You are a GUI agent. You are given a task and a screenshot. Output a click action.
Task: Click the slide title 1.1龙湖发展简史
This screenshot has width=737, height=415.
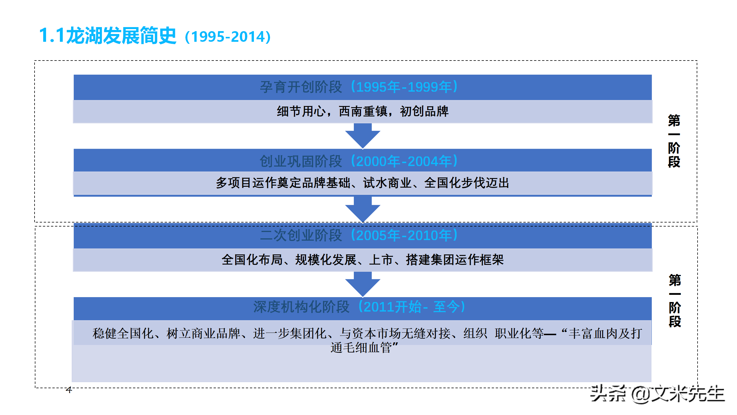[107, 36]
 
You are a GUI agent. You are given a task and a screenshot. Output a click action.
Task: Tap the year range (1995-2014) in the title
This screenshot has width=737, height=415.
[228, 37]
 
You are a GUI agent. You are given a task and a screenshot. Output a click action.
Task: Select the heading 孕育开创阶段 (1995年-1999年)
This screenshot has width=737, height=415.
[359, 87]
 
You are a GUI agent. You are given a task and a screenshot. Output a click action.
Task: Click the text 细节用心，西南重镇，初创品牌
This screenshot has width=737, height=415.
[363, 111]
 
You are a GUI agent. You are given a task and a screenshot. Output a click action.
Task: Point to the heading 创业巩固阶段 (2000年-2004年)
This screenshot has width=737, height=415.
[359, 161]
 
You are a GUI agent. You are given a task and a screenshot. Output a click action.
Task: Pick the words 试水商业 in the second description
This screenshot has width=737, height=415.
[387, 183]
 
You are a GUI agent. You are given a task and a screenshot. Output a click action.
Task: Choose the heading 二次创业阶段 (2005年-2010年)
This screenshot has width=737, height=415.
[359, 235]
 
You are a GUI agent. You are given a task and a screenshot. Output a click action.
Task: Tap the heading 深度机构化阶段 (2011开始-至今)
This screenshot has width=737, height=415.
[359, 307]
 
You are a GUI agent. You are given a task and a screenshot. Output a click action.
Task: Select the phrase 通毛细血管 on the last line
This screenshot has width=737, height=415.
[361, 348]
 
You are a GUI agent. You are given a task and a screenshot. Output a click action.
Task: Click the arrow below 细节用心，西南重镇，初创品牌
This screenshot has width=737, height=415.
[363, 136]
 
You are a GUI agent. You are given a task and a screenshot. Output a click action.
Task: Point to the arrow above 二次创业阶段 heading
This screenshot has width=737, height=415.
[363, 210]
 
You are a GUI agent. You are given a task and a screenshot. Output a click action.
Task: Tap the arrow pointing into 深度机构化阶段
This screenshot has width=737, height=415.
[363, 284]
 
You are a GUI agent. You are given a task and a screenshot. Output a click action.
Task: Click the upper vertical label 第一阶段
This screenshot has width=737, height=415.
[674, 141]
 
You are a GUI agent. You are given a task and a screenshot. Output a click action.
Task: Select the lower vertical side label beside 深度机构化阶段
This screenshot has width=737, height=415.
[675, 301]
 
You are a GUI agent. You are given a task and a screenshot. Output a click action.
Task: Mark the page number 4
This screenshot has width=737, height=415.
[69, 390]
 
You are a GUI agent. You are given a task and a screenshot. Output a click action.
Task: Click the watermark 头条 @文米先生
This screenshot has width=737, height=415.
[658, 394]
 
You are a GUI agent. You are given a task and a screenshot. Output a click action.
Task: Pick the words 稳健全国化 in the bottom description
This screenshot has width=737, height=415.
[123, 333]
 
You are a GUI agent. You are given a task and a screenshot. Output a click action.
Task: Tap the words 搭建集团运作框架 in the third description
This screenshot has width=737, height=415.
[455, 260]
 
